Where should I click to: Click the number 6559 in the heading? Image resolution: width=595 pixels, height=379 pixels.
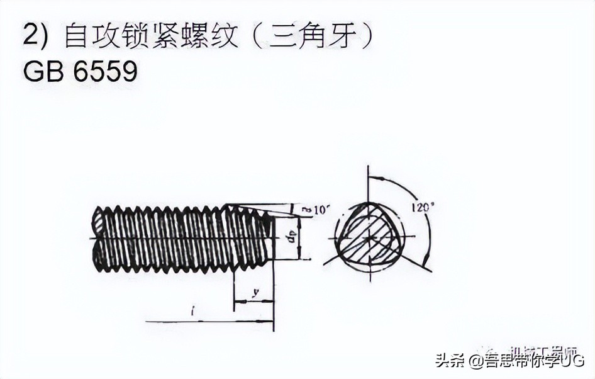pos(106,72)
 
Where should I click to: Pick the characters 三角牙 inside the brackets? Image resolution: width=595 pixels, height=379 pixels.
pos(315,36)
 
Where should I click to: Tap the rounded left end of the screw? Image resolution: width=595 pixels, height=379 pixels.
pos(97,239)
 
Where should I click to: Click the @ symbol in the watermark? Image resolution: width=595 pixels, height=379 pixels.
pos(475,361)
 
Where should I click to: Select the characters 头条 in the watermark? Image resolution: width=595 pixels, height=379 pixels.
pos(451,361)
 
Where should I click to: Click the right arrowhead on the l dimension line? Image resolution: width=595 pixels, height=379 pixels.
pos(269,321)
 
